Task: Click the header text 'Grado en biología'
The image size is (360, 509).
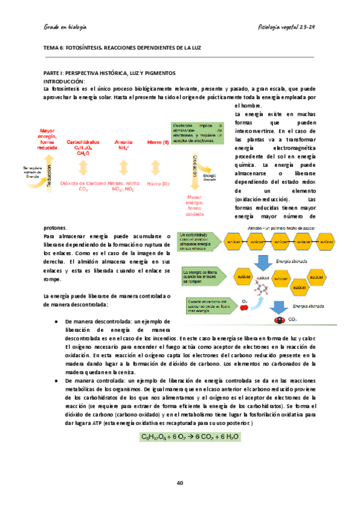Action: point(65,27)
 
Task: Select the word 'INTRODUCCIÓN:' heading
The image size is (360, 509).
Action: point(65,80)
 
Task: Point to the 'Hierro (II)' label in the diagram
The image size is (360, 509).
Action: point(158,142)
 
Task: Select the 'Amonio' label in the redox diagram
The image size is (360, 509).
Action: point(125,142)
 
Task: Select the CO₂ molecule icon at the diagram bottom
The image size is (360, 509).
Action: point(279,321)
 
